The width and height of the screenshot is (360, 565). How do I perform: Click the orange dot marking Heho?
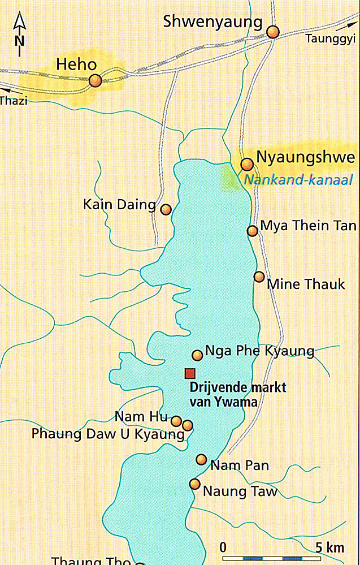(95, 81)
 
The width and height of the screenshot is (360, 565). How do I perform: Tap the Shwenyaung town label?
(213, 22)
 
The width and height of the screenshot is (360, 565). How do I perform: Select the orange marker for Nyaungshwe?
(247, 164)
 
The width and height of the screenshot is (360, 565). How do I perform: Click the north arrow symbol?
(20, 35)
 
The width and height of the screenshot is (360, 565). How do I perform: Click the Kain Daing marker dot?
(166, 209)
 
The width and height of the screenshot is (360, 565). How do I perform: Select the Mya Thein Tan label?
(308, 227)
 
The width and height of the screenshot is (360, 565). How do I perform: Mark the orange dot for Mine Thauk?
(259, 277)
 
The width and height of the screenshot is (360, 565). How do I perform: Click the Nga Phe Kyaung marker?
(197, 355)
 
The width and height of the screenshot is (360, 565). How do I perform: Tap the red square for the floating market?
(190, 373)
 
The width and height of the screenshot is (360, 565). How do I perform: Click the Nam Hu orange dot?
(176, 421)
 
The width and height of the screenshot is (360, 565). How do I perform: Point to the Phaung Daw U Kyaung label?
(108, 434)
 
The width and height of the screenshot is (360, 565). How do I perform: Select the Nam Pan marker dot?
(201, 459)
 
